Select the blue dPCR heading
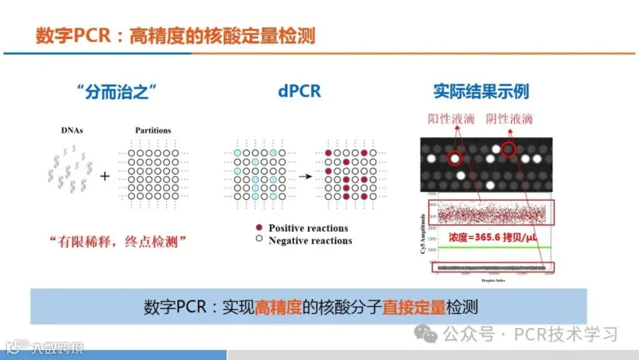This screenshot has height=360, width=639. pos(299,92)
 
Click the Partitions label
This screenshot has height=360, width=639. pos(153,131)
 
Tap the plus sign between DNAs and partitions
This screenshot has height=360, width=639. pos(104,175)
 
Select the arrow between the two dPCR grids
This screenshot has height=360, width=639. pos(303,175)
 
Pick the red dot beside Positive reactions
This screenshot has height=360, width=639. pos(259,228)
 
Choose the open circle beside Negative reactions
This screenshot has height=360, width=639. pos(259,241)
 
